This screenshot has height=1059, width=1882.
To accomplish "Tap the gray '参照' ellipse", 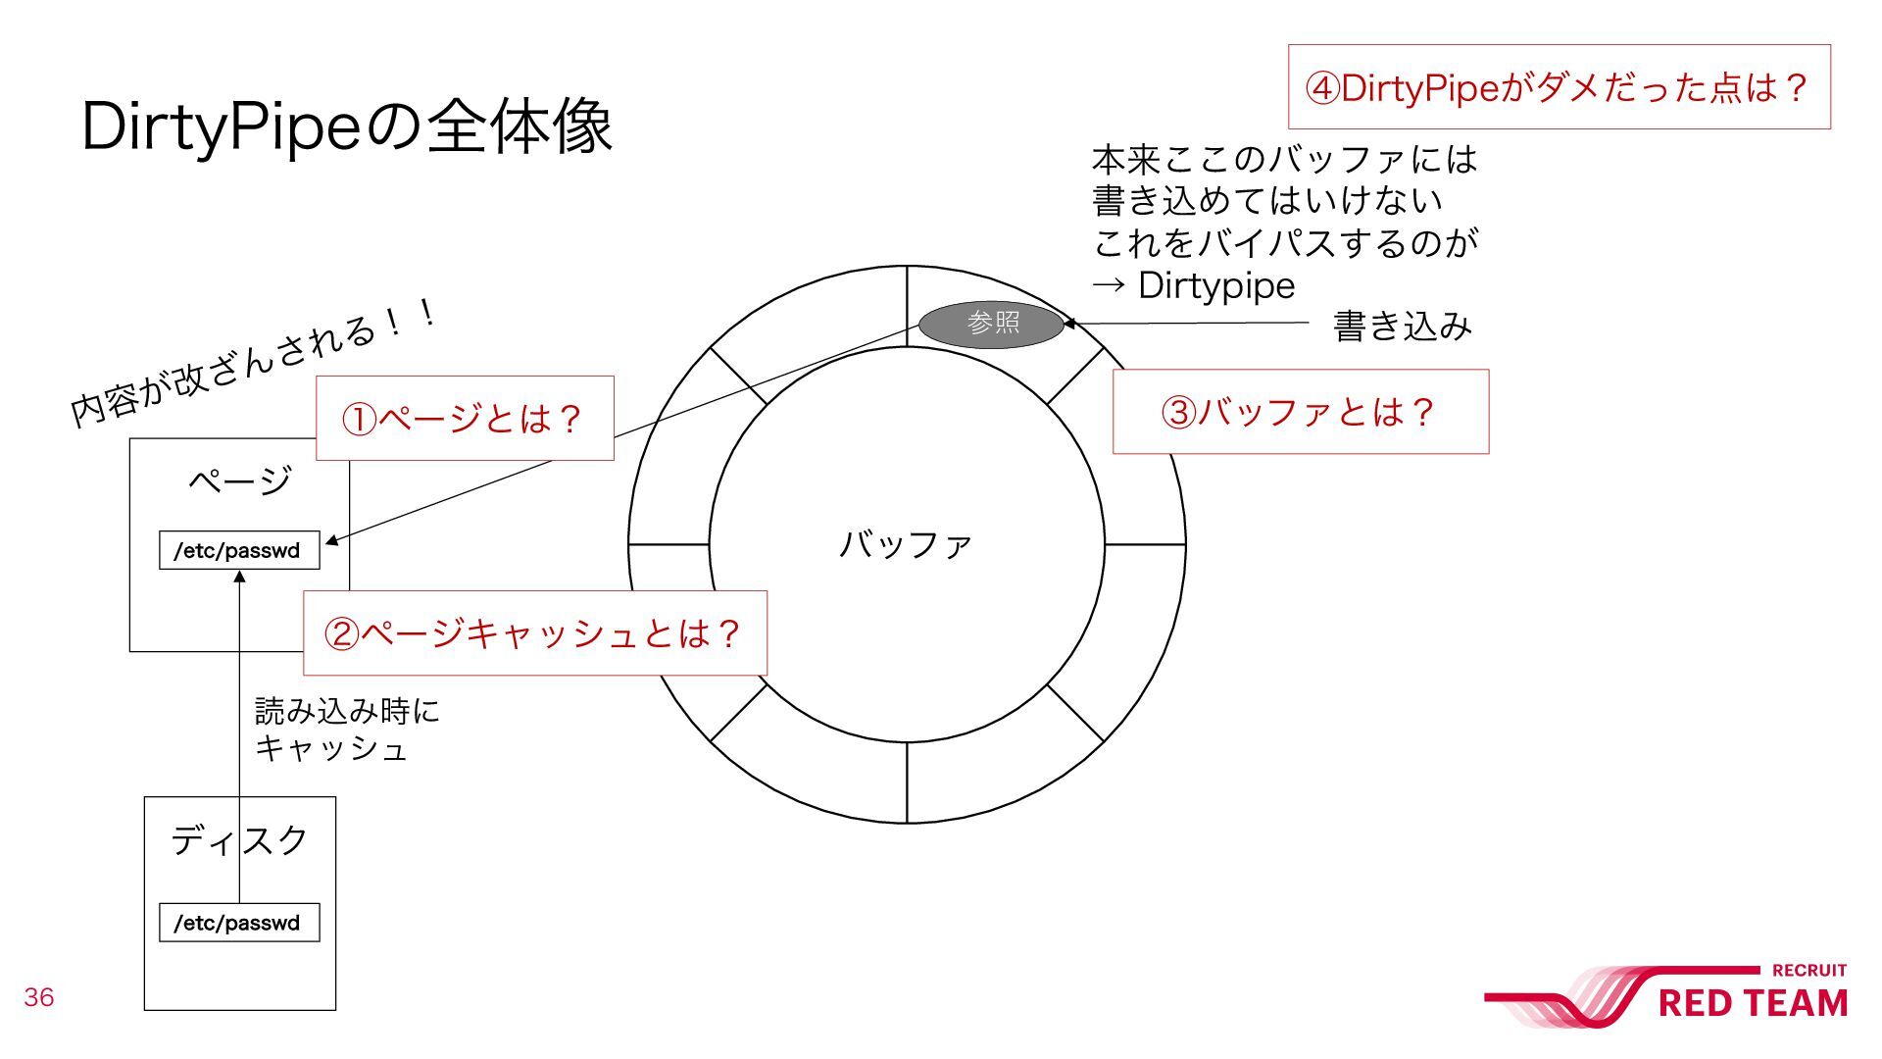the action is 991,323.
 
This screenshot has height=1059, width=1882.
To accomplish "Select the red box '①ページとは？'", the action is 464,419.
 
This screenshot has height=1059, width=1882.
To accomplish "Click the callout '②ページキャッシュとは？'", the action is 534,633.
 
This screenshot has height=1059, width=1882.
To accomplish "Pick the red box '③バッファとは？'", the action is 1300,412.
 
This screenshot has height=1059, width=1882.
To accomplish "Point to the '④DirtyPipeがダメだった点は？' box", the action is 1558,87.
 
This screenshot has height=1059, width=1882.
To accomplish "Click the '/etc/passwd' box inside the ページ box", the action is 239,550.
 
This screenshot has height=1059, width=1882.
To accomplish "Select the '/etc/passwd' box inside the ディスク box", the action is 239,923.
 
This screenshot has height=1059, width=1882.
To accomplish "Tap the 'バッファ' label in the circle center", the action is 906,544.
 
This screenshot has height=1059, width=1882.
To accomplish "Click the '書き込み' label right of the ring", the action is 1402,326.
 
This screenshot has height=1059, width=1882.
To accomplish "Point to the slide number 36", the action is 39,997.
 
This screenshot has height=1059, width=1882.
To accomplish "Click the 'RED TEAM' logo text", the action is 1752,1003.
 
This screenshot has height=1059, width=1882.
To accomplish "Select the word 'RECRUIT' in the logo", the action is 1808,971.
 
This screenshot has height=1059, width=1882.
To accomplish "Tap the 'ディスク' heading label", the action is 239,840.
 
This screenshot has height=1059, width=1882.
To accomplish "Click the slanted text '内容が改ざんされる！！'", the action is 253,363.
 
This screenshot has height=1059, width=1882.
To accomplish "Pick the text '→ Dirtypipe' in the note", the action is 1194,285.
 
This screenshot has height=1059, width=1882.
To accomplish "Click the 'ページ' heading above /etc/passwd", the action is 239,480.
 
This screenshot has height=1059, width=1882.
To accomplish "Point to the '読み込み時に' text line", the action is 347,710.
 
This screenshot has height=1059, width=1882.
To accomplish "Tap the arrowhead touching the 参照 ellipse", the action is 1070,323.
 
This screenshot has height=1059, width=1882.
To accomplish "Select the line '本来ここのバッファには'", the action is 1284,159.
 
